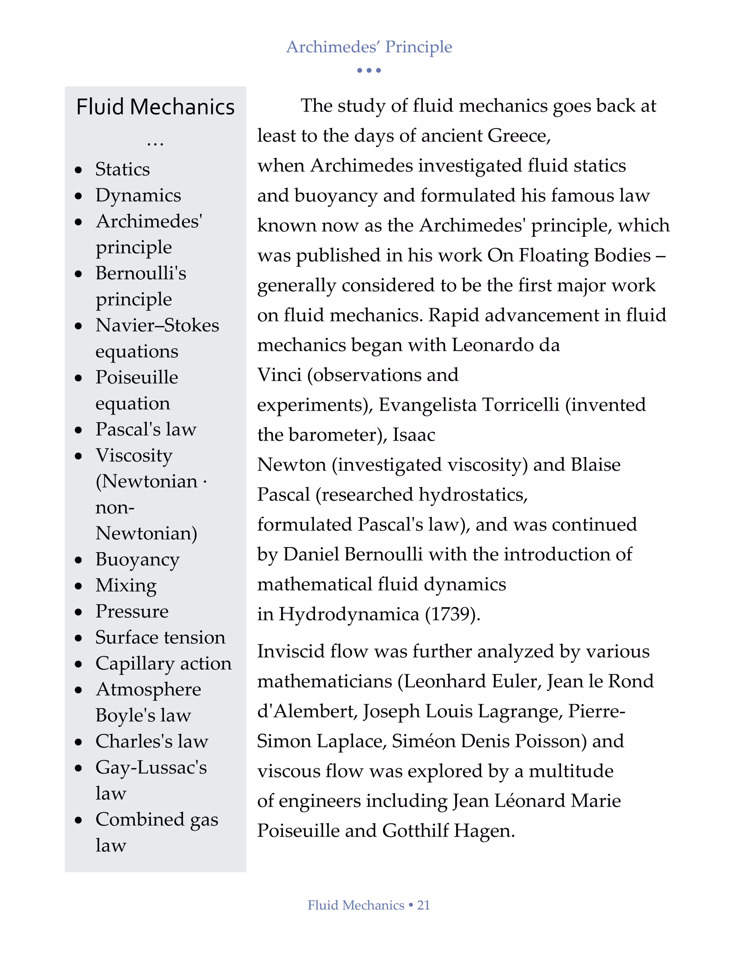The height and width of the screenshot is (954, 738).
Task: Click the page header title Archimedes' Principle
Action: point(369,47)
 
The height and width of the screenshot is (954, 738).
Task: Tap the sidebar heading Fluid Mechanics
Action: point(155,107)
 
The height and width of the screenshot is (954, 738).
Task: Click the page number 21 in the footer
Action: point(423,905)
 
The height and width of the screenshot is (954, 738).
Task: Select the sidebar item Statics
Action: point(123,169)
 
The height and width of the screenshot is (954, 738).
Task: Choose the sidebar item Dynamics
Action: point(138,195)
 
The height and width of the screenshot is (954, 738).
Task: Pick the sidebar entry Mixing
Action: point(126,585)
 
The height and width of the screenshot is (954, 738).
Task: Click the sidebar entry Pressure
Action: point(132,611)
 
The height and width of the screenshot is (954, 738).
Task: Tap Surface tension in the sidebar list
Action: point(160,637)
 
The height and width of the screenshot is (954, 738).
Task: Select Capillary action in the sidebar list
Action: point(164,663)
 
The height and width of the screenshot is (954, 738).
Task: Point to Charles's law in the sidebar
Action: point(152,741)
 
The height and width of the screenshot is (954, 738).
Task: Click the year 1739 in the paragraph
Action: point(453,614)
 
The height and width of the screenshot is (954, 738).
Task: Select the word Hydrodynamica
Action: point(349,614)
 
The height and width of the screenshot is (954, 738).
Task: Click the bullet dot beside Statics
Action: point(79,170)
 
